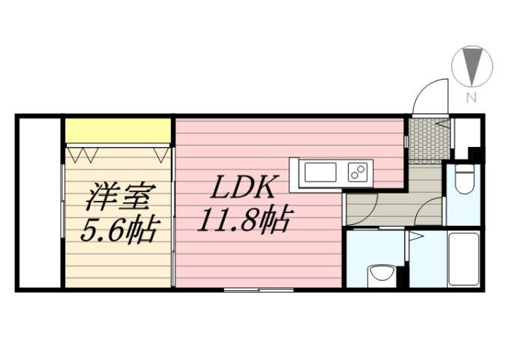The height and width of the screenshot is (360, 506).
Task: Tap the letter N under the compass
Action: coord(472,97)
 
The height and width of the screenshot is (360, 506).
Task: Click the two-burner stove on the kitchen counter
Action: coord(358,173)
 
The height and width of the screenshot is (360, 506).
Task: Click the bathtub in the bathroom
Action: coord(463,258)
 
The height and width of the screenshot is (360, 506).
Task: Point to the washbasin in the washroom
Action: coord(380,273)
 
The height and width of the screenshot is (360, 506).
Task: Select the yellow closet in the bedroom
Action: coord(118,130)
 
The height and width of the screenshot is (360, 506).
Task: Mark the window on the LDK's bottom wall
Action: coord(259,289)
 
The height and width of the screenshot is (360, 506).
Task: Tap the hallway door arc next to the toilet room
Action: coord(431,211)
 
